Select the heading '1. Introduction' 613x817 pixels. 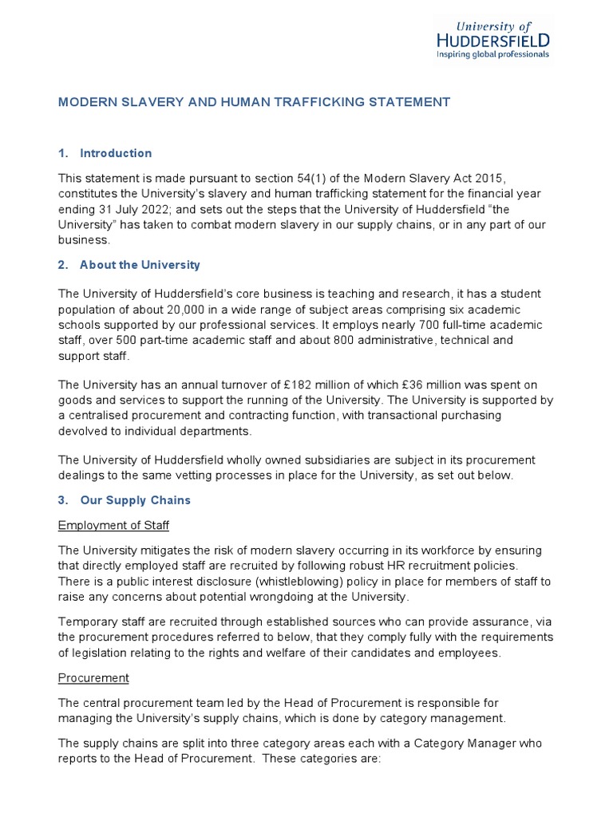coord(105,153)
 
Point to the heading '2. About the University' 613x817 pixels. coord(129,265)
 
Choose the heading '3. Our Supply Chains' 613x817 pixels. coord(125,501)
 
